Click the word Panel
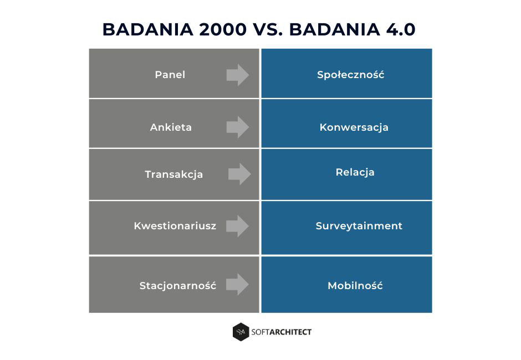[x=170, y=75]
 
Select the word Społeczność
[x=350, y=75]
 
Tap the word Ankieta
[x=171, y=127]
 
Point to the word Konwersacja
[x=354, y=127]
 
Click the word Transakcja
[x=173, y=174]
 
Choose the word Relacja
[x=355, y=172]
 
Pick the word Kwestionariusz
[x=175, y=226]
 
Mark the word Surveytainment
[x=359, y=226]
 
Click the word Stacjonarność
[x=177, y=286]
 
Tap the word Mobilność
[x=355, y=286]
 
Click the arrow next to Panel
[x=238, y=75]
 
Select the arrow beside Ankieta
[x=238, y=127]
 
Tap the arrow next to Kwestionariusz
[x=238, y=226]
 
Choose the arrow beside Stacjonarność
[x=238, y=285]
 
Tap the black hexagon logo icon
[x=241, y=332]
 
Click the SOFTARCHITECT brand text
[x=282, y=332]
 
